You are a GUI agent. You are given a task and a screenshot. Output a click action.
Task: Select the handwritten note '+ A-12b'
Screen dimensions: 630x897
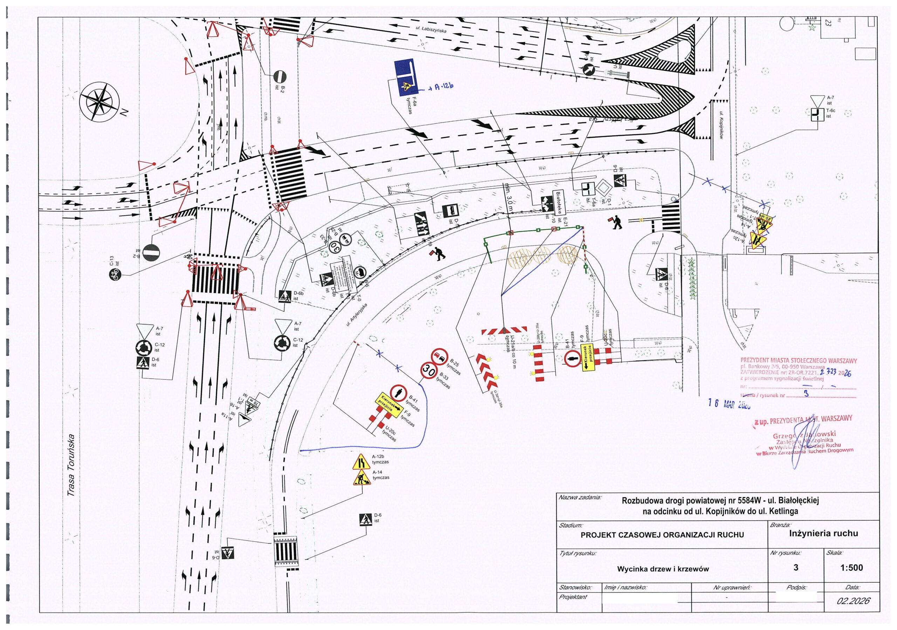click(441, 86)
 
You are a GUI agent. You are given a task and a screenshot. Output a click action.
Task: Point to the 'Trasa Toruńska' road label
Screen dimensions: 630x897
click(71, 465)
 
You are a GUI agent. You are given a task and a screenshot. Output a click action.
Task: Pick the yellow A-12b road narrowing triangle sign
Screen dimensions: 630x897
click(360, 462)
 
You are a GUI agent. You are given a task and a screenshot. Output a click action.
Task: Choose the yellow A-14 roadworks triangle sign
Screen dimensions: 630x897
click(360, 478)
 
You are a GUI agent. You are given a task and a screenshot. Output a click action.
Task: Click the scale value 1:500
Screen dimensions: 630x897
click(851, 568)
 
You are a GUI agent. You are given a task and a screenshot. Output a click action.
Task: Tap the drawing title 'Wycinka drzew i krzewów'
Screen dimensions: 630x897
click(663, 569)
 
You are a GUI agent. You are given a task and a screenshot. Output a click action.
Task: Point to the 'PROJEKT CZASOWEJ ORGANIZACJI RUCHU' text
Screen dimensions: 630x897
click(662, 535)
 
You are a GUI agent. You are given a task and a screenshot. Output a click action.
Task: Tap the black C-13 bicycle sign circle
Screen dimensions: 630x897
click(115, 275)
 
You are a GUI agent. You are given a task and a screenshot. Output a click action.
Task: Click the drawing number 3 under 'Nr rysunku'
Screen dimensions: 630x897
click(796, 568)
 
